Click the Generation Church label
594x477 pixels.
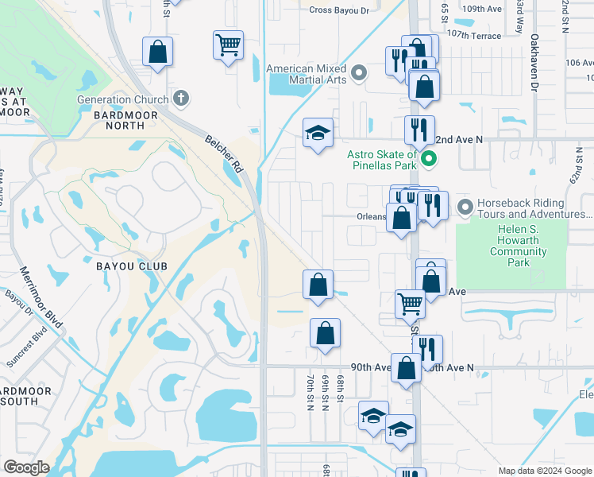(x=122, y=99)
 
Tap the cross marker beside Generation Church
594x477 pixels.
(x=181, y=99)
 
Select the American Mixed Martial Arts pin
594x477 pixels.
(x=359, y=74)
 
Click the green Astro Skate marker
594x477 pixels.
(x=430, y=160)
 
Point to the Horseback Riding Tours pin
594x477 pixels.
(x=465, y=207)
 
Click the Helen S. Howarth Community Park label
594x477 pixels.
(x=520, y=246)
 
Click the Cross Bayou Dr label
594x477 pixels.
(x=339, y=10)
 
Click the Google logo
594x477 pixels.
(x=26, y=467)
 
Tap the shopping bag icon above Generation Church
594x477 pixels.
(x=158, y=52)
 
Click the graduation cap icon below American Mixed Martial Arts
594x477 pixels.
(x=318, y=133)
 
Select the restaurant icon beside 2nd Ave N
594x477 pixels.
(x=418, y=129)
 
